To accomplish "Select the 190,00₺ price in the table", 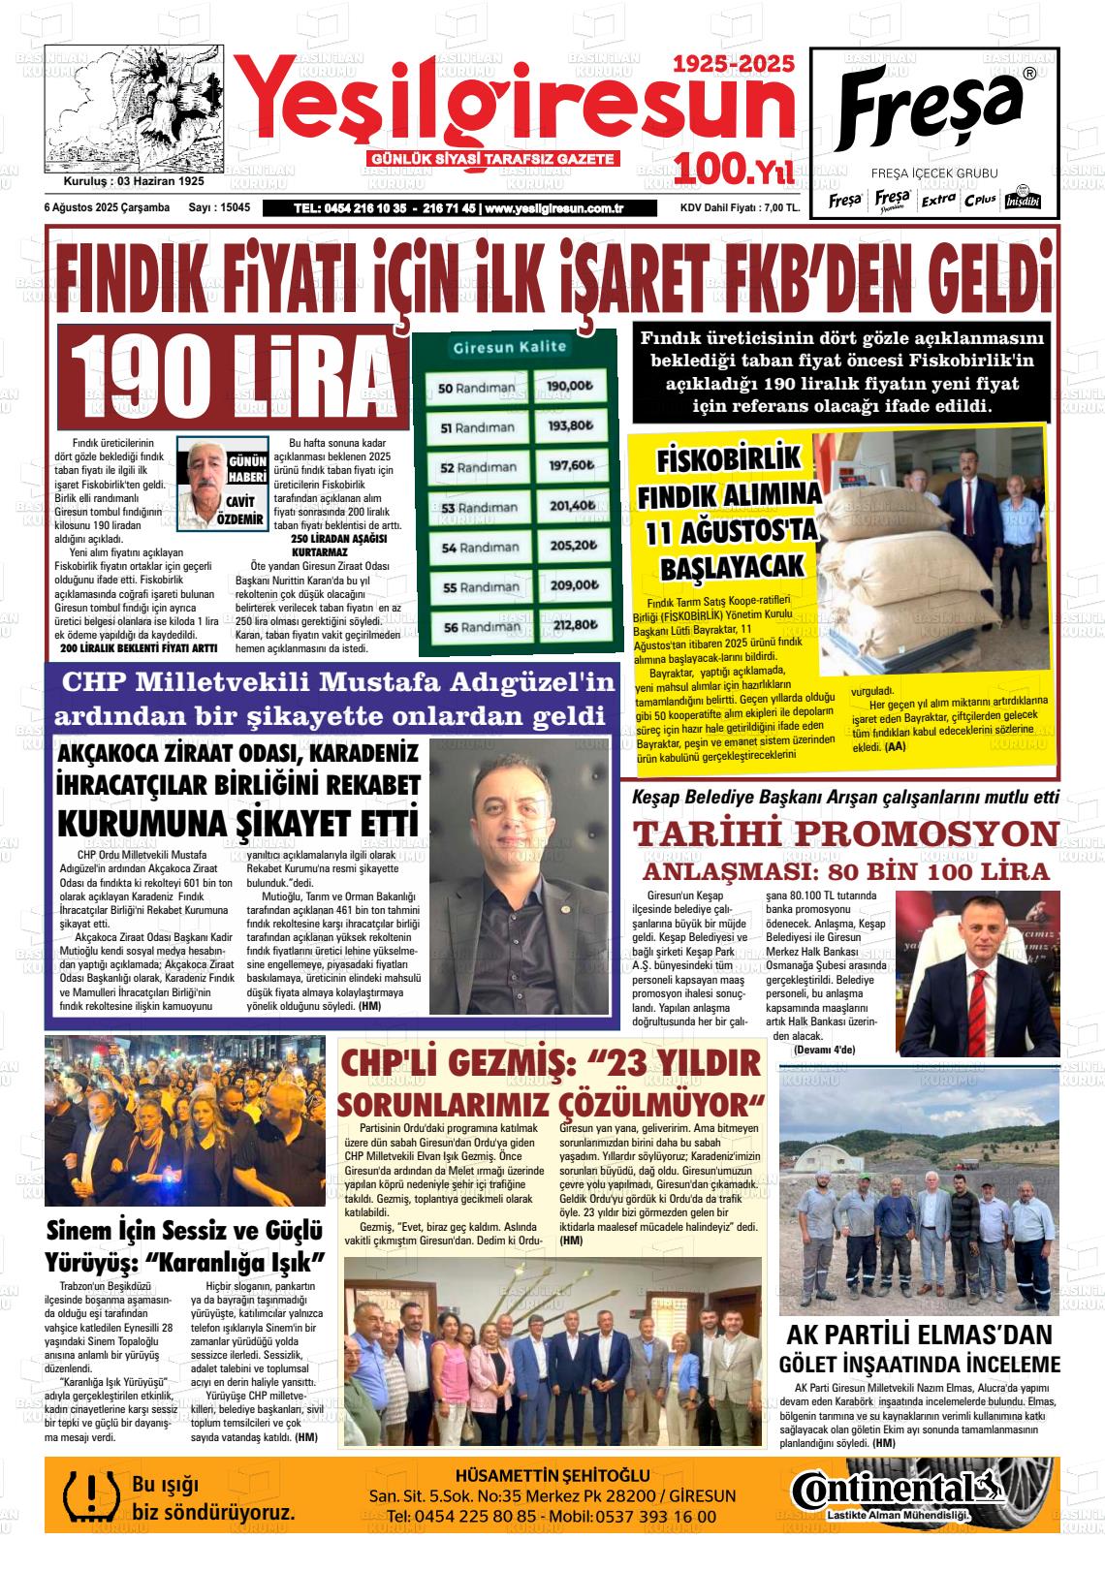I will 570,386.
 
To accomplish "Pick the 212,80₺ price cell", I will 571,625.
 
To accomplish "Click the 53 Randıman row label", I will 479,507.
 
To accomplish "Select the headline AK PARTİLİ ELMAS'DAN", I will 919,1335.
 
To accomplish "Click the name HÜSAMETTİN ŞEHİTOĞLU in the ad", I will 552,1475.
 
